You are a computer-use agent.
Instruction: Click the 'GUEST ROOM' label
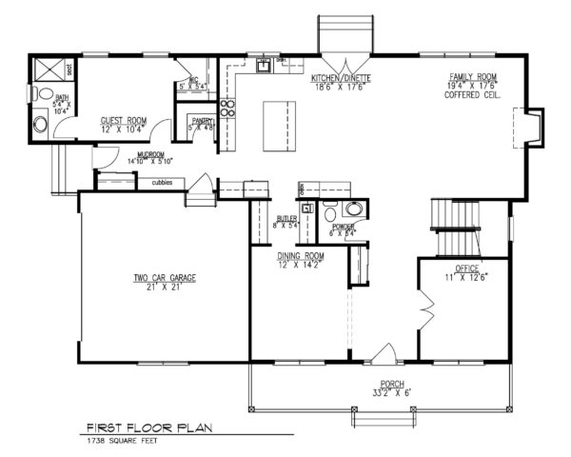pos(121,121)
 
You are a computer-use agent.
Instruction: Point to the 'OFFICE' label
pos(466,269)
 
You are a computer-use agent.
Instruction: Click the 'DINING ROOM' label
pos(301,256)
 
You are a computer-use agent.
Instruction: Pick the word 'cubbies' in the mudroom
pos(160,182)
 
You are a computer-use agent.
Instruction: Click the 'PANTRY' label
pos(201,121)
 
